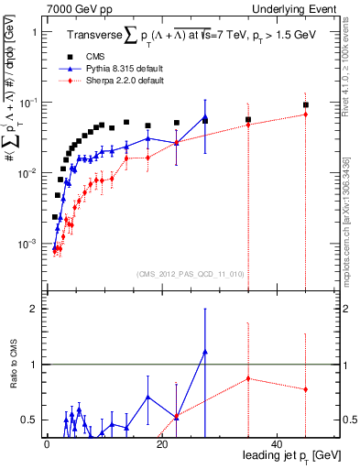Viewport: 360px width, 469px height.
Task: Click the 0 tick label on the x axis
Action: point(47,444)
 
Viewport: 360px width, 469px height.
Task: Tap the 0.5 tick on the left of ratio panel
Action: point(30,420)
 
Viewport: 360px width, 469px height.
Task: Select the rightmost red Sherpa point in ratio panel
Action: point(306,389)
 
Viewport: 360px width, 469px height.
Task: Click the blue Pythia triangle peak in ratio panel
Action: point(205,352)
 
